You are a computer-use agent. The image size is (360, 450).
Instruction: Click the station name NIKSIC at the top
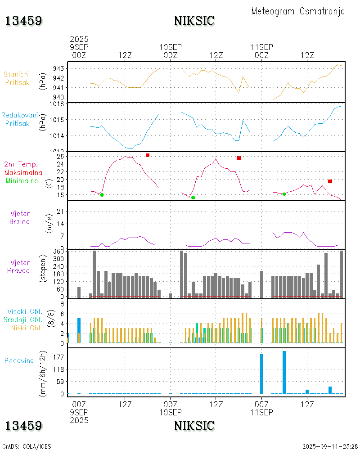pyautogui.click(x=194, y=21)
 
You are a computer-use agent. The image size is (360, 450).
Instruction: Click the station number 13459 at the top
pyautogui.click(x=24, y=21)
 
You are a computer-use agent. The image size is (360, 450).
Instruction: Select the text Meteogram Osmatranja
pyautogui.click(x=298, y=11)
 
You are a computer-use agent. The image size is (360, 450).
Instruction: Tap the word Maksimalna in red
pyautogui.click(x=23, y=172)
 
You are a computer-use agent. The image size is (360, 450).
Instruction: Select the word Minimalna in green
pyautogui.click(x=22, y=180)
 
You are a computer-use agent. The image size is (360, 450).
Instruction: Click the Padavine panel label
pyautogui.click(x=19, y=360)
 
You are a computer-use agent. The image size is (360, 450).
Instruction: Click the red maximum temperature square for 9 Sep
pyautogui.click(x=147, y=155)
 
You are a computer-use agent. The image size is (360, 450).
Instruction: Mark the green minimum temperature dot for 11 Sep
pyautogui.click(x=284, y=194)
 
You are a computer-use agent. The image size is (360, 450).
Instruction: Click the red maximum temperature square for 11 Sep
pyautogui.click(x=330, y=181)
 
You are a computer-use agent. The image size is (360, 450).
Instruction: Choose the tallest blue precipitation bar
pyautogui.click(x=284, y=372)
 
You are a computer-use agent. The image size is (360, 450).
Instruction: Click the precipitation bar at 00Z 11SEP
pyautogui.click(x=261, y=374)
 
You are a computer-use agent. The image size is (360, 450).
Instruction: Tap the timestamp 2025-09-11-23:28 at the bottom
pyautogui.click(x=330, y=446)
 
